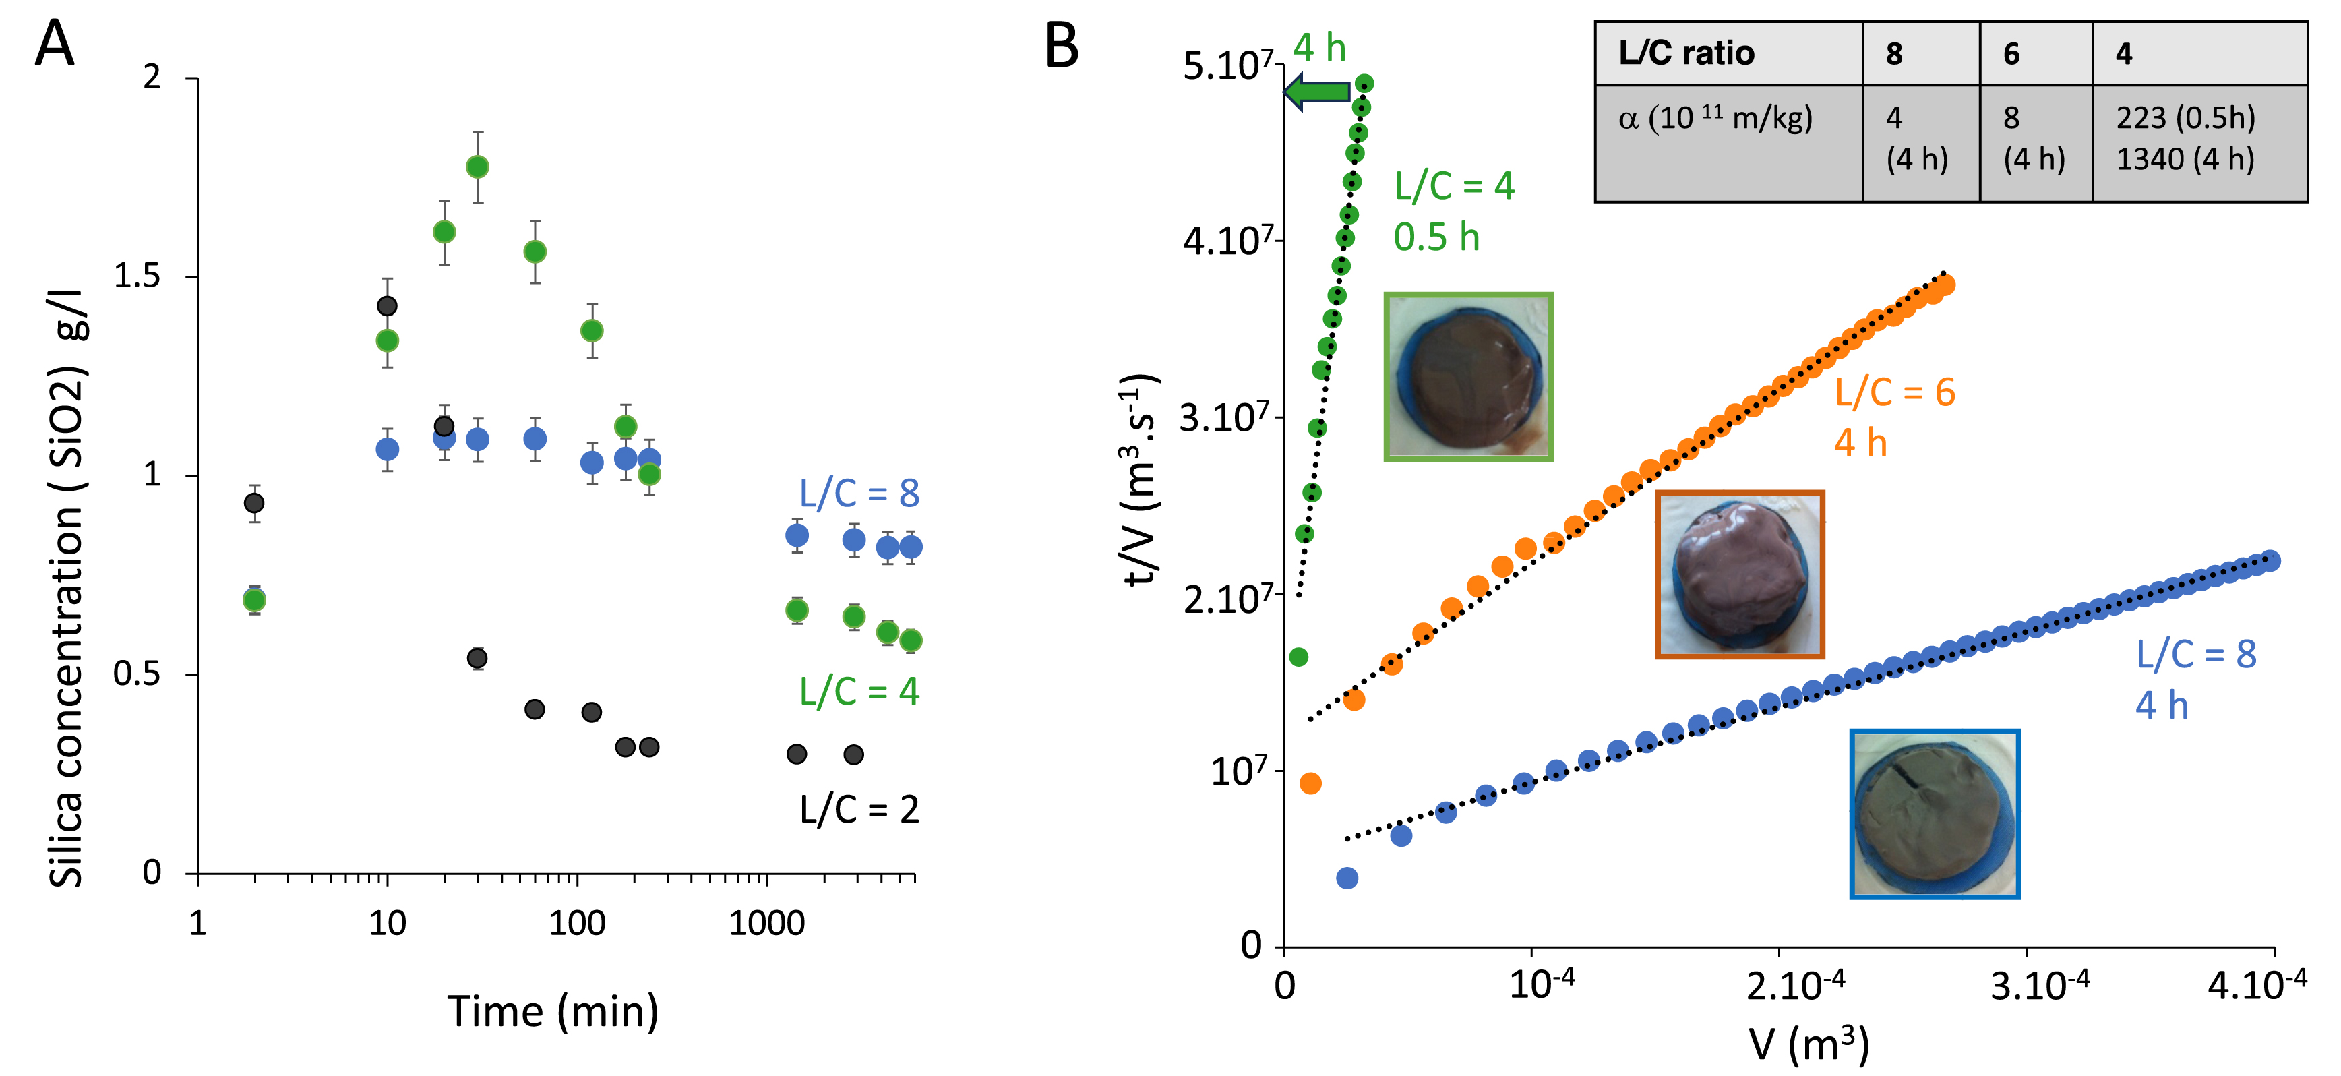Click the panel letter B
click(x=1062, y=45)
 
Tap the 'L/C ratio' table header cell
click(x=1728, y=54)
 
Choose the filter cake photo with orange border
click(x=1739, y=574)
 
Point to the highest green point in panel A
click(x=477, y=167)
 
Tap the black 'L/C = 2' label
click(x=859, y=809)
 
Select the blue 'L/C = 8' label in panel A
click(x=859, y=494)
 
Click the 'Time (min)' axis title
click(x=553, y=1011)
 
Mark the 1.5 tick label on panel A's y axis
click(x=138, y=276)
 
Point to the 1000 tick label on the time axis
click(x=766, y=924)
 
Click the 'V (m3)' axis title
click(x=1808, y=1044)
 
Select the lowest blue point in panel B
click(x=1347, y=878)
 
